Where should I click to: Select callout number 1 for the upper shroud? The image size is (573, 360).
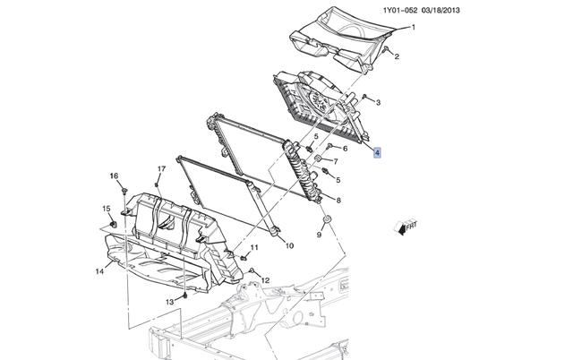413,30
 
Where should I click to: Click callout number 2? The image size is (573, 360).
397,58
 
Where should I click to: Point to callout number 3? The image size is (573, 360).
378,104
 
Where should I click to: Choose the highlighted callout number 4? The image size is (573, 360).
378,153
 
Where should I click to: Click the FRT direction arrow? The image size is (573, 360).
406,228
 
